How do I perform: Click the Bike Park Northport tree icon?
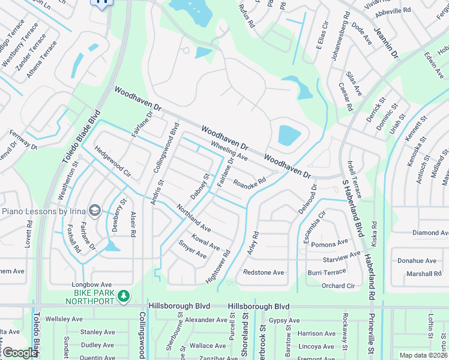[123, 296]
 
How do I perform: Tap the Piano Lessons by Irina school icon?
[94, 211]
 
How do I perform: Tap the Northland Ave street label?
[193, 218]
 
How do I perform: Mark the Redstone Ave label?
[264, 272]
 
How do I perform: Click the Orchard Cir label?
[338, 286]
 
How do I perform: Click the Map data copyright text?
[423, 355]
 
